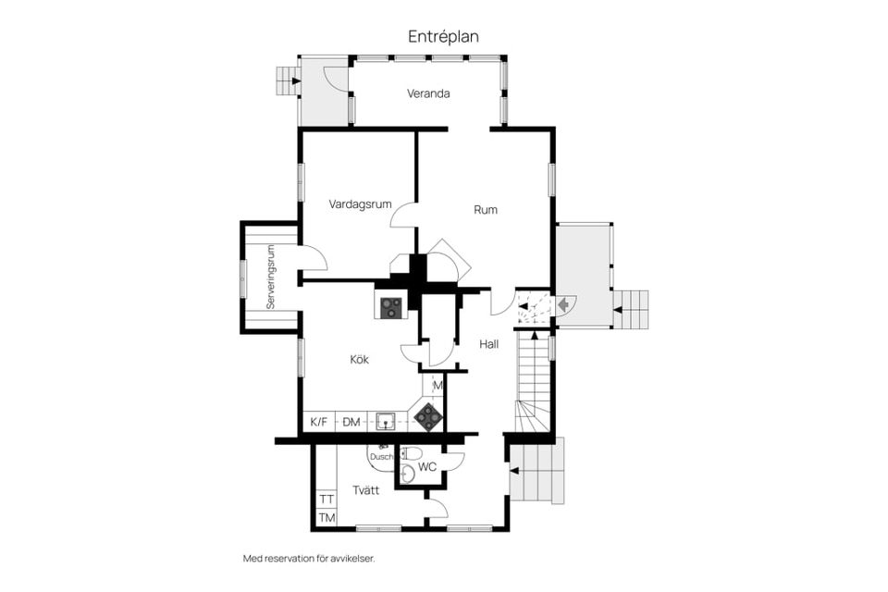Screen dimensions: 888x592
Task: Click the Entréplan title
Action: pos(443,36)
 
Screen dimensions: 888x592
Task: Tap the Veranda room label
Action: pos(428,93)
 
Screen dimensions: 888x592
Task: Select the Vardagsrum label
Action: pos(360,204)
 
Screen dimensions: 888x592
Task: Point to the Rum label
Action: pos(486,210)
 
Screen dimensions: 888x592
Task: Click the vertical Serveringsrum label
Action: pos(271,277)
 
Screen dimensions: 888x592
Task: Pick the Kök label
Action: pos(359,359)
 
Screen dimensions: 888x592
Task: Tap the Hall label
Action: pos(488,344)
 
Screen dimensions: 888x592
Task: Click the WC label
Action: pos(427,467)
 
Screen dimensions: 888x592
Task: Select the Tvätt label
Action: pos(366,490)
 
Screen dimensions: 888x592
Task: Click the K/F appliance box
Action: pos(319,422)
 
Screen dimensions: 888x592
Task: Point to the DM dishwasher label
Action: pos(351,422)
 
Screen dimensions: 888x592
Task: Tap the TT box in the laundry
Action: pos(327,499)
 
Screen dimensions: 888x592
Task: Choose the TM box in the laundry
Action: pos(327,518)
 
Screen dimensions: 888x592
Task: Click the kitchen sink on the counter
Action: pos(385,421)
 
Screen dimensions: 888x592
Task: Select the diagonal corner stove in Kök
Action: pos(427,417)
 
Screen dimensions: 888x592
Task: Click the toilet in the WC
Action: pos(410,453)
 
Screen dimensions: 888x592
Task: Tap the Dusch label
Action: pos(381,457)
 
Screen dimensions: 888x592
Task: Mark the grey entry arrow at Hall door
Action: pos(563,304)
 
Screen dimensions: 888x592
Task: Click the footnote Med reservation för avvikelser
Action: pos(309,559)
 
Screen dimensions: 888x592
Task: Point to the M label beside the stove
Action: pos(438,386)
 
